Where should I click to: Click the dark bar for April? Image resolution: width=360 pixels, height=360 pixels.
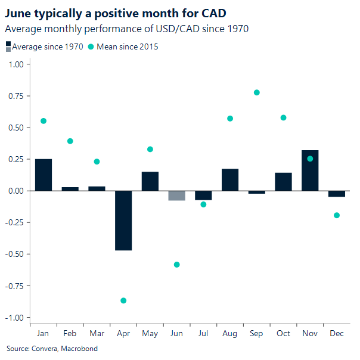coord(123,221)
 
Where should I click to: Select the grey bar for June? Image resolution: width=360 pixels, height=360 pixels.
coord(176,195)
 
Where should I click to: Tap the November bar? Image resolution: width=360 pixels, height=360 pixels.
coord(310,170)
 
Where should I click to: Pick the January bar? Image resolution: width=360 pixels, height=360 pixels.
coord(44,175)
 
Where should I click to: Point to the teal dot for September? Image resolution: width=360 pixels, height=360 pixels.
coord(257,92)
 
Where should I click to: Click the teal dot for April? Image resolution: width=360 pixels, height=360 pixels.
coord(123,300)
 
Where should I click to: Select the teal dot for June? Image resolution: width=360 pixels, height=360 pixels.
coord(176,265)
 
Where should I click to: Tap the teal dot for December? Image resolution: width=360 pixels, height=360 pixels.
coord(337,215)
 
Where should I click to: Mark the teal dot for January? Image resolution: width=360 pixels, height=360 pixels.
coord(44,121)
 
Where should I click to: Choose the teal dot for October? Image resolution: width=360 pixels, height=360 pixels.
coord(283,117)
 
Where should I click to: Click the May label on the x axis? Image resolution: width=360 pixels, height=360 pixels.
coord(150,333)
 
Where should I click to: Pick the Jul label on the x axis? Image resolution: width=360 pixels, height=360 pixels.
coord(203,333)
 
